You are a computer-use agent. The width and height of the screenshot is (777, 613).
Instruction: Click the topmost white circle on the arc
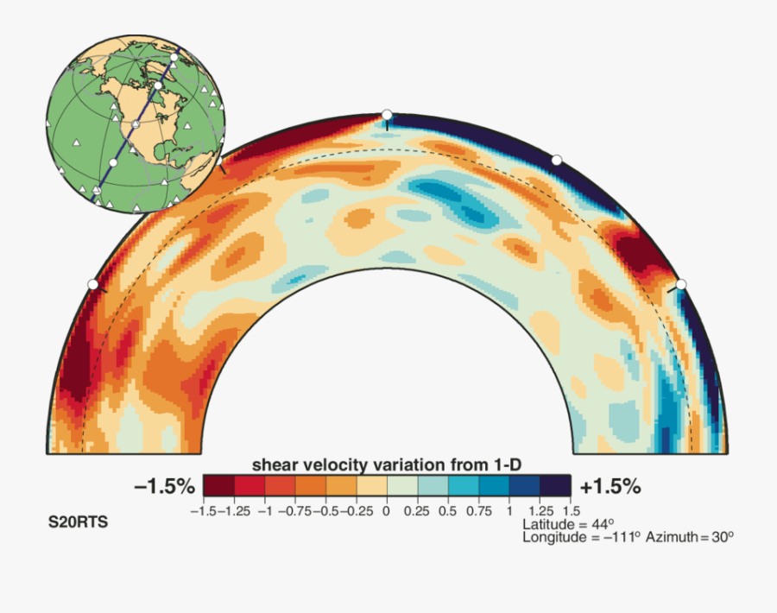pyautogui.click(x=387, y=115)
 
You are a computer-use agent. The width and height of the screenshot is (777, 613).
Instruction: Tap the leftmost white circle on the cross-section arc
pyautogui.click(x=92, y=284)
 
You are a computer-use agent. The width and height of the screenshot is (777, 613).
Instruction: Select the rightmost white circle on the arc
pyautogui.click(x=680, y=284)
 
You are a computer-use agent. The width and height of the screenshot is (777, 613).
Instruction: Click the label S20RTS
pyautogui.click(x=78, y=522)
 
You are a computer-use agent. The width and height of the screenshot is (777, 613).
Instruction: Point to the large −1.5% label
pyautogui.click(x=165, y=487)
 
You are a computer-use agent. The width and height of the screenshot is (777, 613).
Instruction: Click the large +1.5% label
pyautogui.click(x=610, y=487)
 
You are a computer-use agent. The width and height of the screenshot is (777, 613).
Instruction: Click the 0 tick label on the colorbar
pyautogui.click(x=387, y=511)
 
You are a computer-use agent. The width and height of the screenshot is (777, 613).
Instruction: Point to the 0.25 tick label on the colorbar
pyautogui.click(x=417, y=511)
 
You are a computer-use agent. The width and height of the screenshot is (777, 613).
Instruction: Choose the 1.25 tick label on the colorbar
pyautogui.click(x=540, y=511)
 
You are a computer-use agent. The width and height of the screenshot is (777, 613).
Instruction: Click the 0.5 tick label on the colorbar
pyautogui.click(x=448, y=511)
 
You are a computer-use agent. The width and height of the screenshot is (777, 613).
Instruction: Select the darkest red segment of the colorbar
pyautogui.click(x=218, y=486)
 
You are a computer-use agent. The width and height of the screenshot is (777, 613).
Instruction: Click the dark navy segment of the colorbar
pyautogui.click(x=555, y=486)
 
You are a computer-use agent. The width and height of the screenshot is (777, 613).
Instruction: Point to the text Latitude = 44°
pyautogui.click(x=568, y=524)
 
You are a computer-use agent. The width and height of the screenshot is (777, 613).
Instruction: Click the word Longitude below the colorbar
pyautogui.click(x=553, y=537)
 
